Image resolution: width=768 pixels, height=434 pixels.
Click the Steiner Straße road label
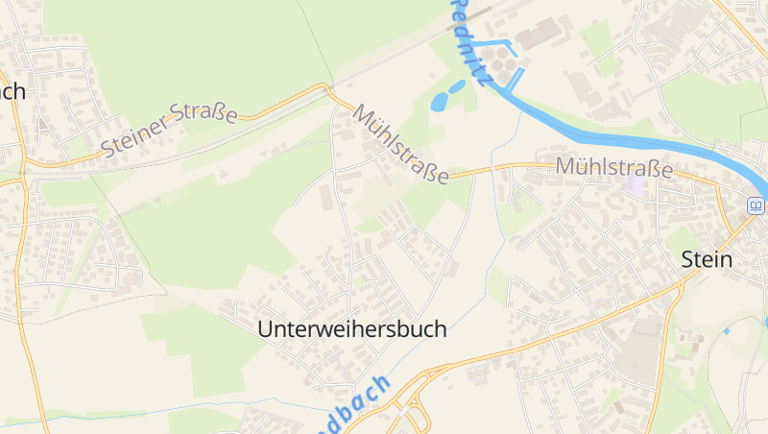170,130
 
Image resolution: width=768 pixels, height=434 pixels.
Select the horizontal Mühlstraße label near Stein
614,169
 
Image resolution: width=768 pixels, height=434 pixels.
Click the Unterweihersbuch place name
352,328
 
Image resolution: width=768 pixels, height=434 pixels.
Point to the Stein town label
707,259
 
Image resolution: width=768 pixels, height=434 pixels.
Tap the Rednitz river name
472,38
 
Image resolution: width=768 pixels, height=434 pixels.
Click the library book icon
756,205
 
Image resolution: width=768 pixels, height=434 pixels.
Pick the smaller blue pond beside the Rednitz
457,86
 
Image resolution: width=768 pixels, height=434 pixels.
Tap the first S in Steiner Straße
107,149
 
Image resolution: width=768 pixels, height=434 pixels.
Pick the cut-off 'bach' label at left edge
12,92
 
